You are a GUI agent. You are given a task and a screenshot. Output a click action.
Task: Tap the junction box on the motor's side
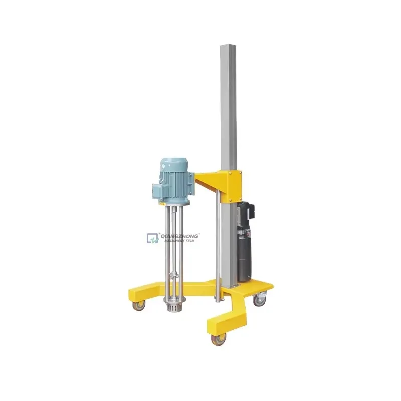click(159, 191)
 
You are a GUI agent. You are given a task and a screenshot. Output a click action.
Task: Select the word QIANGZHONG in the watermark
click(179, 235)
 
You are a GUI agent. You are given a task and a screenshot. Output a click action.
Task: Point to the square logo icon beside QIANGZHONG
click(152, 238)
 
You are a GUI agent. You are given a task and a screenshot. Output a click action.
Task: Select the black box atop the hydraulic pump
click(250, 211)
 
